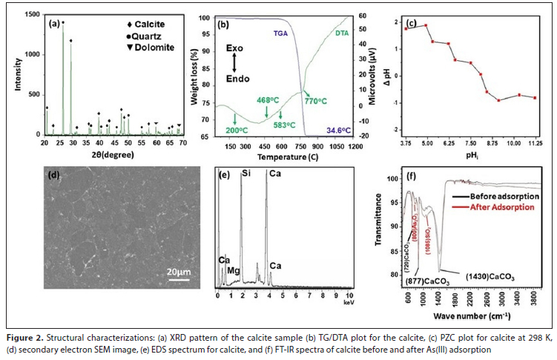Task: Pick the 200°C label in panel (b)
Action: point(237,130)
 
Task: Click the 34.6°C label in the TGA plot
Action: point(336,130)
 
